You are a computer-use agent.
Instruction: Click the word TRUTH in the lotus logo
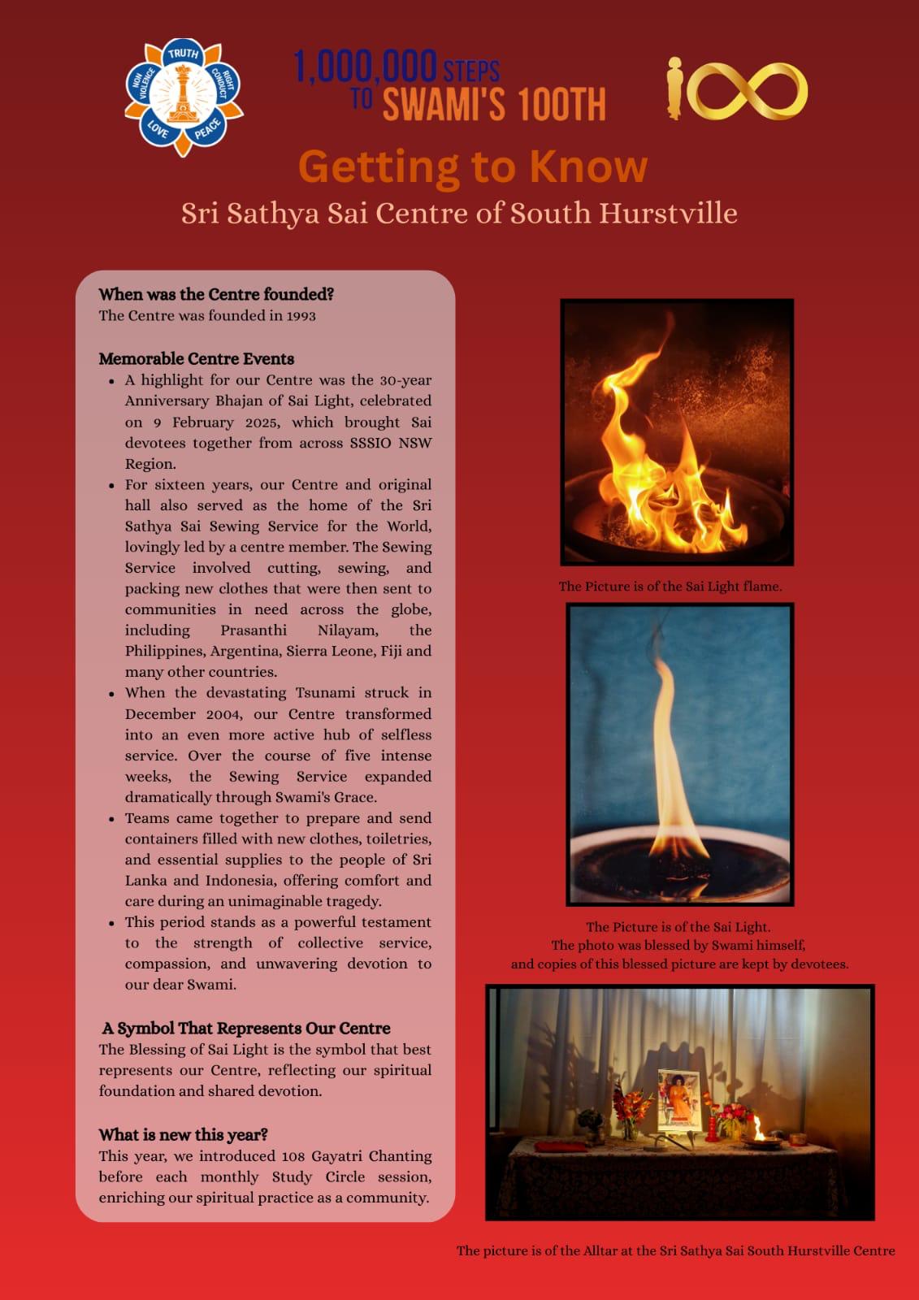[183, 54]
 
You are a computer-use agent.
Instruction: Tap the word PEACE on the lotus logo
[207, 130]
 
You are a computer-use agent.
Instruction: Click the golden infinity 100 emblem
[737, 89]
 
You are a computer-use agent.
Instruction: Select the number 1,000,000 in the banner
[366, 67]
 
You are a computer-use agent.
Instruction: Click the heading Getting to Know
[473, 167]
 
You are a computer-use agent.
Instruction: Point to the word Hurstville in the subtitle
[669, 213]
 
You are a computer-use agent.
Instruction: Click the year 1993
[301, 316]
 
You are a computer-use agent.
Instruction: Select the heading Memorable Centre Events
[197, 359]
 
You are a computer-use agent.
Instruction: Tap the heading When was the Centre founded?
[216, 294]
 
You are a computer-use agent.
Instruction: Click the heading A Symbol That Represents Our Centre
[246, 1029]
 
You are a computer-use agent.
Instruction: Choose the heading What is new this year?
[184, 1135]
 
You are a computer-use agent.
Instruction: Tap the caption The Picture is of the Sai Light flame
[670, 587]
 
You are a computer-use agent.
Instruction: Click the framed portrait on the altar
[679, 1098]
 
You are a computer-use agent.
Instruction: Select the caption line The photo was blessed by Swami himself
[678, 946]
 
